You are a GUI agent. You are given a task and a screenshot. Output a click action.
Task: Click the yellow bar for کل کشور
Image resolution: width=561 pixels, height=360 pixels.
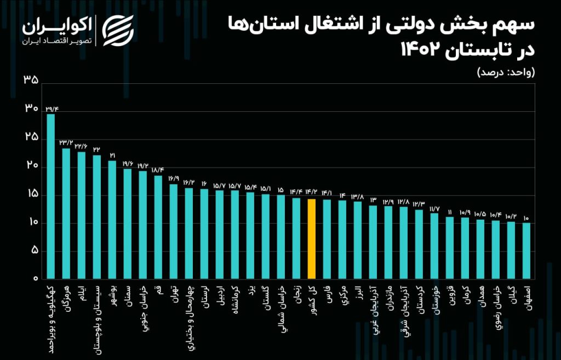pos(311,238)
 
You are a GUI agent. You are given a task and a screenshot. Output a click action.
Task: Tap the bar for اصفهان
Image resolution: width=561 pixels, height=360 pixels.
pos(526,251)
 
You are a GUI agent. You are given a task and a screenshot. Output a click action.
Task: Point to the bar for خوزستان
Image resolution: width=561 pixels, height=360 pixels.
pos(434,246)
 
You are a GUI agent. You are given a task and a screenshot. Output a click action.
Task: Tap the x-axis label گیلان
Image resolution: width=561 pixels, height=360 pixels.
pos(511,293)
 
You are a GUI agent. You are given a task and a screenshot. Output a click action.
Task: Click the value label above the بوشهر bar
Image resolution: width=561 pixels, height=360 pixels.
pos(112,155)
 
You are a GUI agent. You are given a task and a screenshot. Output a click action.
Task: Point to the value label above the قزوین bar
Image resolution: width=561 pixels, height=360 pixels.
pos(449,212)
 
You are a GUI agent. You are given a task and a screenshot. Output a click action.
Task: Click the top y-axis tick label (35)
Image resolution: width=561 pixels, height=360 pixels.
pos(31,80)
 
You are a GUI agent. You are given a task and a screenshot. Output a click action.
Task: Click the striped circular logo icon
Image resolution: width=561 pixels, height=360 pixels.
pos(118,30)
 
